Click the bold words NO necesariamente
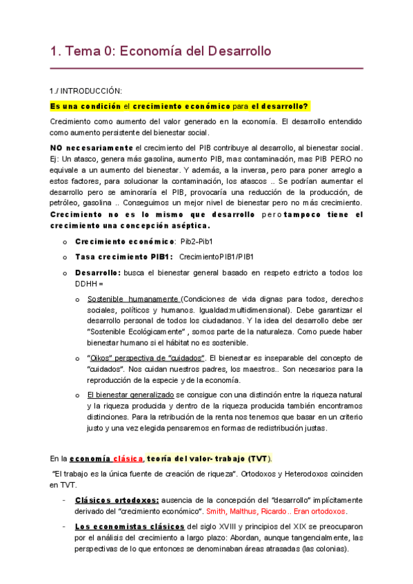tap(92, 148)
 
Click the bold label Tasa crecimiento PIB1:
tap(123, 257)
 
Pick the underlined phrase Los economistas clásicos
tap(125, 527)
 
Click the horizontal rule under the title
tap(206, 69)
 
